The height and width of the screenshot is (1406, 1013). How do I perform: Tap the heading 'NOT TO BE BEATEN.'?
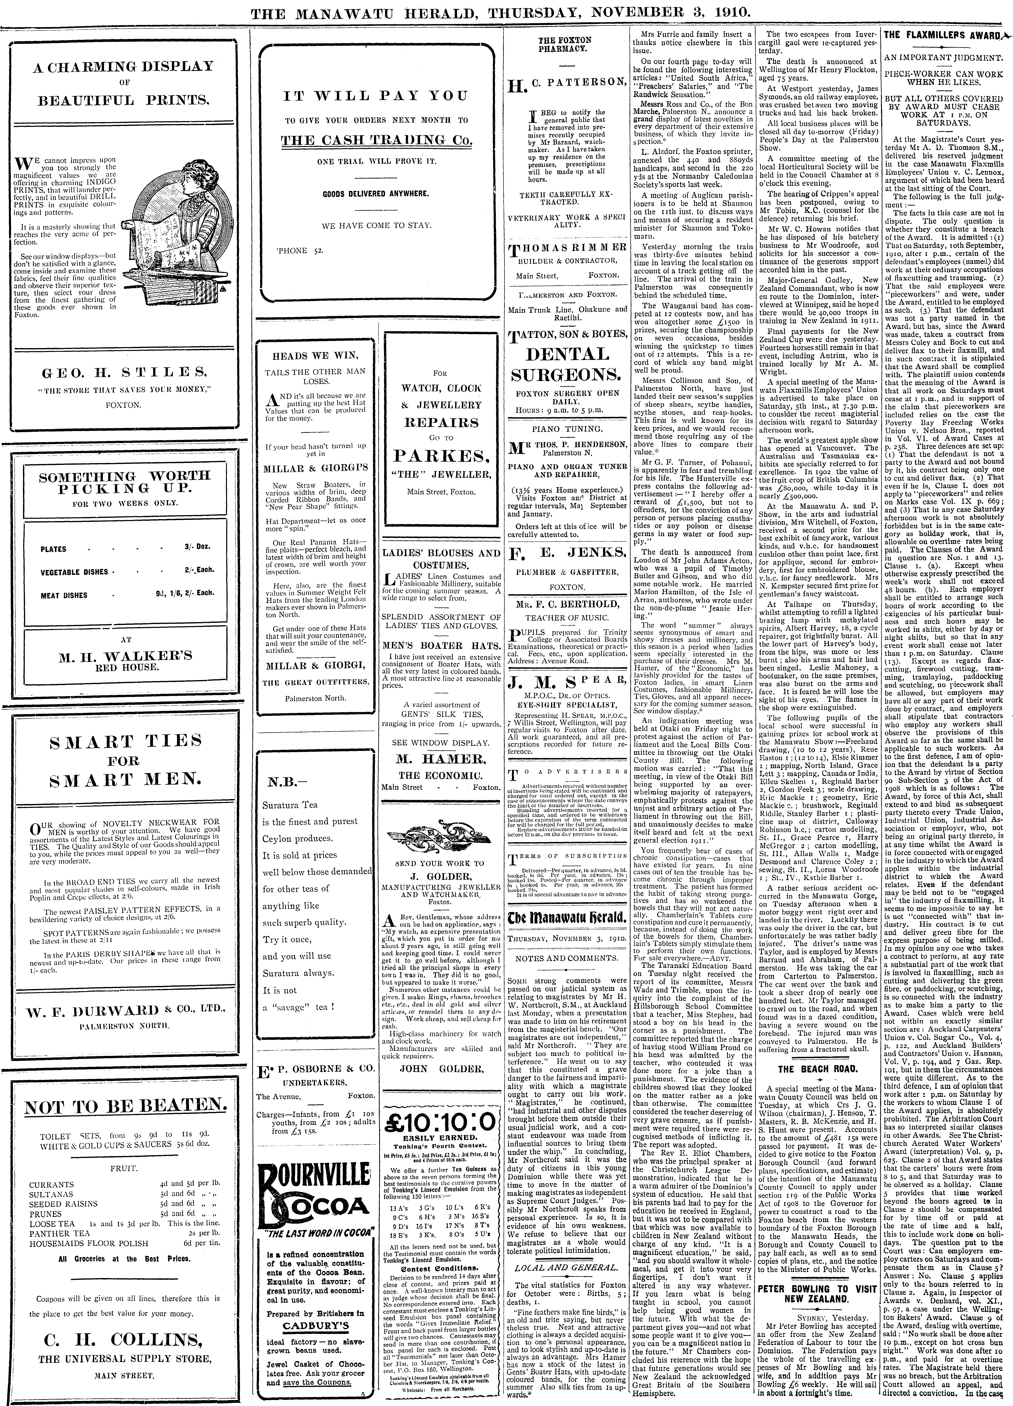[x=125, y=1105]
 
